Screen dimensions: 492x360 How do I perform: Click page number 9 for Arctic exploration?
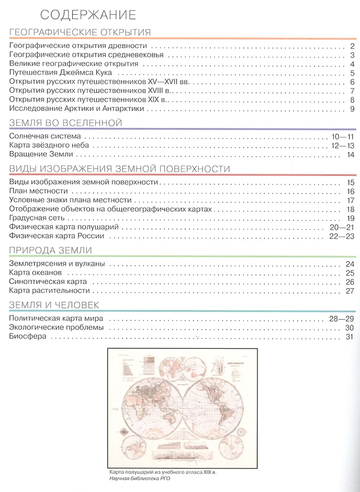(x=352, y=109)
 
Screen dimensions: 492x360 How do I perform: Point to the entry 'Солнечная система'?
(x=45, y=136)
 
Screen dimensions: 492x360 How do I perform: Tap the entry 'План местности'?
(x=38, y=191)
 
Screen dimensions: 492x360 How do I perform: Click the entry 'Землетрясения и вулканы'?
(x=57, y=264)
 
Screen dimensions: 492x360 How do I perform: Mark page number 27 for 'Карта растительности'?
(x=350, y=291)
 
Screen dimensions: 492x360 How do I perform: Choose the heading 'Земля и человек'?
(x=54, y=304)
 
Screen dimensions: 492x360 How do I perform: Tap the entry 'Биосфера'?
(x=27, y=336)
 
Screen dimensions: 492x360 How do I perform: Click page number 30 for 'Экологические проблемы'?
(x=350, y=327)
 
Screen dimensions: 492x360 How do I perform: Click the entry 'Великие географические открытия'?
(x=74, y=64)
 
